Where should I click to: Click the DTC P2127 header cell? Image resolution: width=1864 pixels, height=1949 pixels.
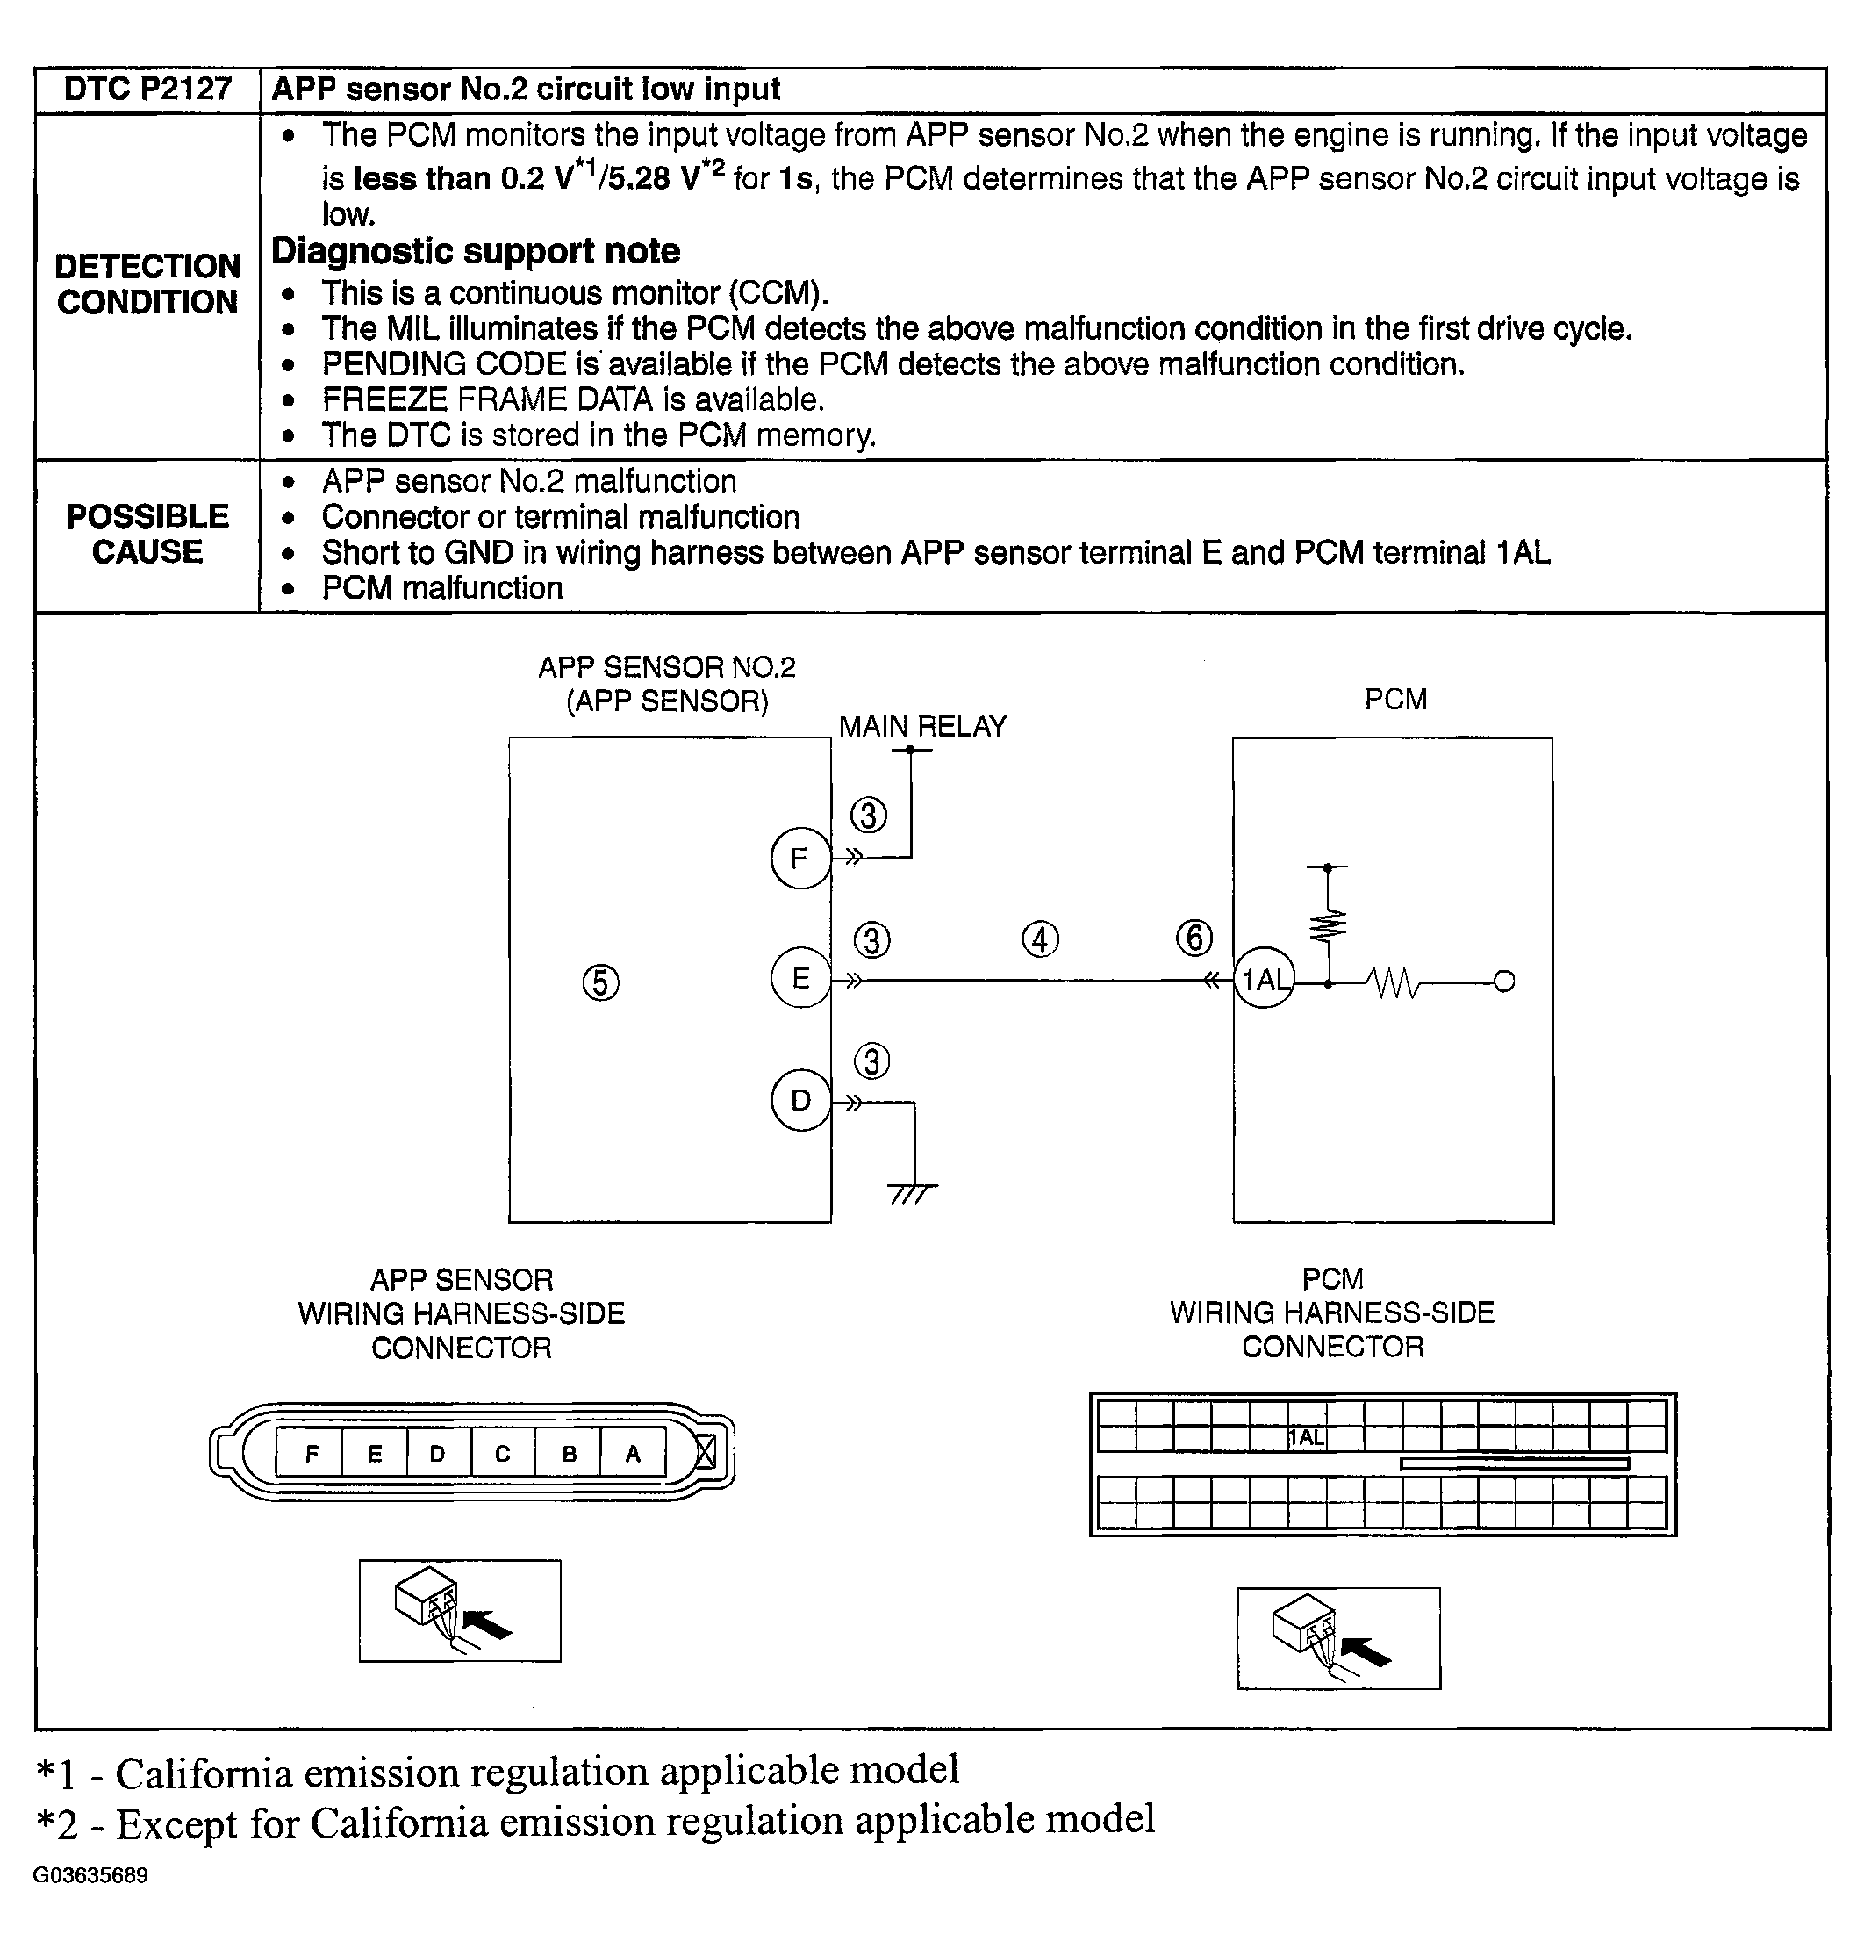pyautogui.click(x=147, y=90)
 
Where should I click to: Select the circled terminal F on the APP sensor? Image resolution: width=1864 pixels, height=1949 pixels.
pyautogui.click(x=799, y=858)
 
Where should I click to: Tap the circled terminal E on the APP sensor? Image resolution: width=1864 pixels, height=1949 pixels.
pyautogui.click(x=799, y=979)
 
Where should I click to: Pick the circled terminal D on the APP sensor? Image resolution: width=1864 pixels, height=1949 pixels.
pyautogui.click(x=799, y=1100)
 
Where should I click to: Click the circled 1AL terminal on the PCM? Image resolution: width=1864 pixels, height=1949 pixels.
pyautogui.click(x=1264, y=980)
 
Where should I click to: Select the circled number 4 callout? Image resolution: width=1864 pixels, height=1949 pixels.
pyautogui.click(x=1040, y=939)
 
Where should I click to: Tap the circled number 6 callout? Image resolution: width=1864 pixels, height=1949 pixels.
pyautogui.click(x=1194, y=938)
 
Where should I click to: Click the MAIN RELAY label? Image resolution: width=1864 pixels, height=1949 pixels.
pyautogui.click(x=922, y=727)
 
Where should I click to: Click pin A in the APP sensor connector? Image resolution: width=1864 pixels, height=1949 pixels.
pyautogui.click(x=633, y=1454)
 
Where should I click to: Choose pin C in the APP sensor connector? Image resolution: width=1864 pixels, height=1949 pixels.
pyautogui.click(x=503, y=1454)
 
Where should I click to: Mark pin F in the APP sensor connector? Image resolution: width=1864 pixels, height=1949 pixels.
pyautogui.click(x=311, y=1454)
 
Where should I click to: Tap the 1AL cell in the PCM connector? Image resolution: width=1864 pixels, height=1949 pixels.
pyautogui.click(x=1307, y=1437)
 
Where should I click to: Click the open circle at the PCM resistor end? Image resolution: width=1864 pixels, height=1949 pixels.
pyautogui.click(x=1504, y=982)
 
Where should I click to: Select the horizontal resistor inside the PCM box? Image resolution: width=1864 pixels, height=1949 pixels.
pyautogui.click(x=1393, y=983)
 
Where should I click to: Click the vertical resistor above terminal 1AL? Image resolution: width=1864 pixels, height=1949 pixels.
pyautogui.click(x=1329, y=924)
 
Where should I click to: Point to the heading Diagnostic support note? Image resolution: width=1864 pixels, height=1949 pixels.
pyautogui.click(x=476, y=250)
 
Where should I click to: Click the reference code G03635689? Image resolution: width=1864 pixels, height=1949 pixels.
pyautogui.click(x=90, y=1875)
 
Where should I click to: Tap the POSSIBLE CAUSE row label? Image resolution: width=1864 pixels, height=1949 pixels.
pyautogui.click(x=147, y=534)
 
